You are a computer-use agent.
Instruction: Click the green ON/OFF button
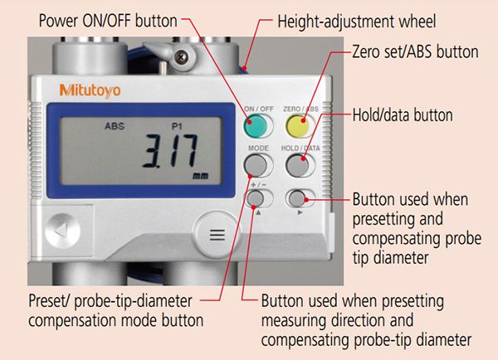click(x=256, y=126)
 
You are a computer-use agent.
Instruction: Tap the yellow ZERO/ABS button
click(x=298, y=126)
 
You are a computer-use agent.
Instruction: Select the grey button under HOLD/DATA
click(x=297, y=165)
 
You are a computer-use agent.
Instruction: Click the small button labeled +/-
click(x=256, y=198)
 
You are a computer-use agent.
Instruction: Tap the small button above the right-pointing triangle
click(x=298, y=198)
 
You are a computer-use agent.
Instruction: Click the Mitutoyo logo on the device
click(x=90, y=90)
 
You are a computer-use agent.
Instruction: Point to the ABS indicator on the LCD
click(x=115, y=126)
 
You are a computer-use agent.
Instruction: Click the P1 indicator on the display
click(x=177, y=126)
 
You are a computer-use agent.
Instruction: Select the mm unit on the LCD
click(x=201, y=176)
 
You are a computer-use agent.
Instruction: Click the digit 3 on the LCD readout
click(x=152, y=151)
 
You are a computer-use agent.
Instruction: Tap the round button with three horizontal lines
click(x=217, y=235)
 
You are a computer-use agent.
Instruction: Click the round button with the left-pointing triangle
click(x=62, y=231)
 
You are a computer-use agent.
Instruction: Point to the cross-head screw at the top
click(x=181, y=57)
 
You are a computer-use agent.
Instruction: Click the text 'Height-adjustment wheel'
click(x=357, y=22)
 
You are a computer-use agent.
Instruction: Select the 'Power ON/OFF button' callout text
click(x=108, y=21)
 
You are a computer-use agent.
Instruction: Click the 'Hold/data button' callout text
click(x=403, y=115)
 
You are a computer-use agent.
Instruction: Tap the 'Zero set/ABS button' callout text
click(x=416, y=51)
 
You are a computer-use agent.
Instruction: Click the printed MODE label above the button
click(x=258, y=148)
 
